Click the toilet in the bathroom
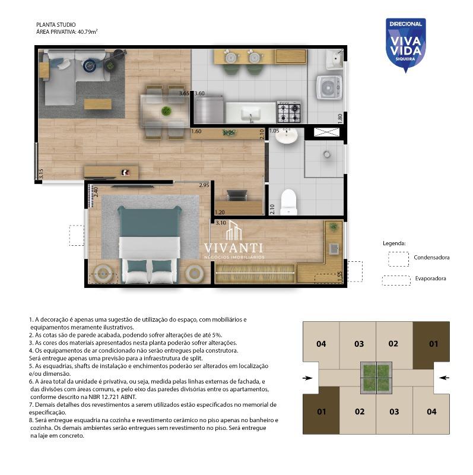click(x=288, y=202)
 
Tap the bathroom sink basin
click(x=287, y=136)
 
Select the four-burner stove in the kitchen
click(x=289, y=112)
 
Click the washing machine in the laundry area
click(x=329, y=88)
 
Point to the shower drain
click(x=327, y=154)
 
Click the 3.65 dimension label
click(x=184, y=93)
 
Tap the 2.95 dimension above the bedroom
click(x=204, y=185)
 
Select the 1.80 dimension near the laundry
click(x=340, y=118)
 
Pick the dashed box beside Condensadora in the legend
click(x=398, y=259)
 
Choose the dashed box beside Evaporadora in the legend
click(x=396, y=280)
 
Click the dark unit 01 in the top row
click(x=431, y=344)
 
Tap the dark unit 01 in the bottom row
click(x=321, y=411)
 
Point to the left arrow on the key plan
click(x=307, y=378)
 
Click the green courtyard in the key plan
click(x=376, y=378)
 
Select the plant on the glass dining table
click(x=166, y=111)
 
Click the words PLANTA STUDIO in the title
click(x=56, y=25)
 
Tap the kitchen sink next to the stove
click(x=250, y=113)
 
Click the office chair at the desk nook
click(x=237, y=195)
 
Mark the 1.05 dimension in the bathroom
click(x=274, y=131)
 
